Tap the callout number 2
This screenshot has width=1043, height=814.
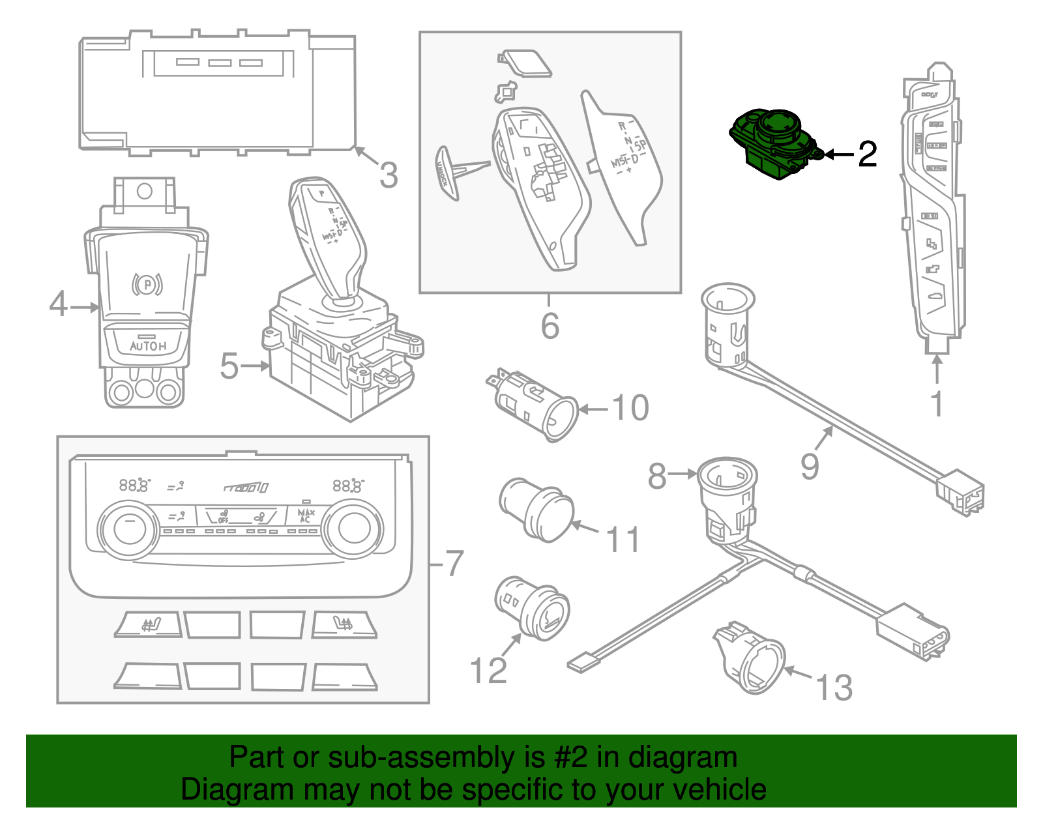[867, 154]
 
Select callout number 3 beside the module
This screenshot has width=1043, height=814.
[389, 175]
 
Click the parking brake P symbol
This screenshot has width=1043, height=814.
[147, 285]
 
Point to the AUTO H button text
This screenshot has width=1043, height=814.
[148, 346]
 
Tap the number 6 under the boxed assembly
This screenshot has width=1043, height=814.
[550, 325]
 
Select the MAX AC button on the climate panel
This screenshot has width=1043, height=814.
[306, 516]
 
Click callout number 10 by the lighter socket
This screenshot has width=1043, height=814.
[630, 408]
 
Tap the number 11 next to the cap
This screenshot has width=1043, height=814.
[623, 540]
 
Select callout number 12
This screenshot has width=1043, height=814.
[488, 670]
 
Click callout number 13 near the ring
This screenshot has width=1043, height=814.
[834, 688]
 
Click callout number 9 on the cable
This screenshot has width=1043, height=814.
[810, 467]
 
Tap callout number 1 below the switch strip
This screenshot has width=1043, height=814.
[937, 404]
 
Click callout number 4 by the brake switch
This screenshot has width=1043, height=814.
[58, 304]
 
